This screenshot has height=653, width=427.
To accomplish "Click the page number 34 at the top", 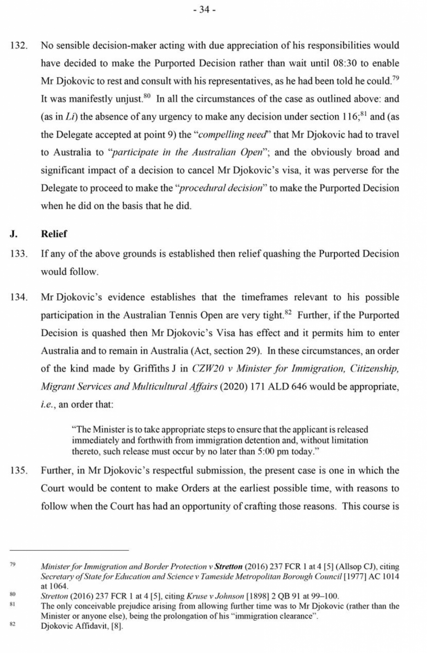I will click(x=204, y=10).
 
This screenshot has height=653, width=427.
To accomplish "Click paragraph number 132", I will click(x=18, y=46).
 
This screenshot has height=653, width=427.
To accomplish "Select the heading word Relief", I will click(x=54, y=234).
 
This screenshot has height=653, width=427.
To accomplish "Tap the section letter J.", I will click(x=14, y=234).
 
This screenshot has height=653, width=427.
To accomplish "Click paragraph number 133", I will click(x=18, y=254).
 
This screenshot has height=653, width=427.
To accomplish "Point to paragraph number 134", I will click(x=18, y=298).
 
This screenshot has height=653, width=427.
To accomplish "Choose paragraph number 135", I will click(x=18, y=471).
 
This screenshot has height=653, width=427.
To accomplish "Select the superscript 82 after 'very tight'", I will click(x=288, y=312).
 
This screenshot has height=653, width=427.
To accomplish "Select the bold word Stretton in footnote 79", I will click(x=229, y=567).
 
